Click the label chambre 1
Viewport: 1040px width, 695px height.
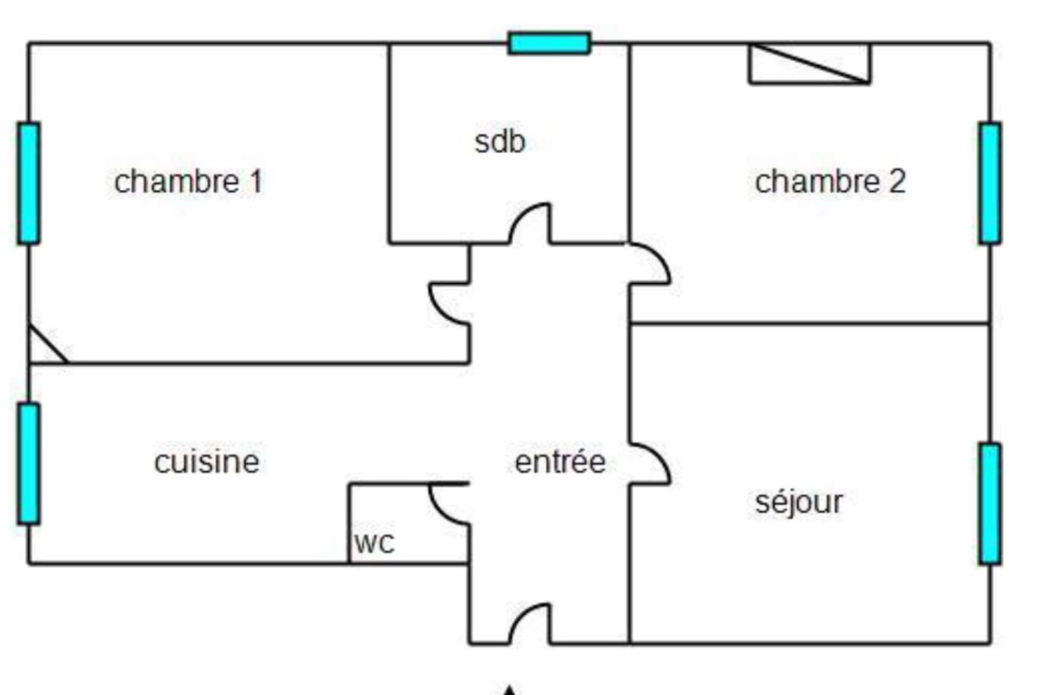point(188,182)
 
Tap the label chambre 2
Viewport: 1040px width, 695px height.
point(830,182)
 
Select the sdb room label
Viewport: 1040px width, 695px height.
point(500,142)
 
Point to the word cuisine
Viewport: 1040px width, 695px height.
point(207,462)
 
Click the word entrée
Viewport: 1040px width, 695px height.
point(560,462)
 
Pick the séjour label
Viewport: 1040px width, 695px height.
point(799,503)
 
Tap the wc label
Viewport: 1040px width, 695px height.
point(374,543)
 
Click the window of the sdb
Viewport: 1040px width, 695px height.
point(549,44)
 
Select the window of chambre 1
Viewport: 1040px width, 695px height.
point(29,183)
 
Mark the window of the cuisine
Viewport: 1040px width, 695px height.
point(29,464)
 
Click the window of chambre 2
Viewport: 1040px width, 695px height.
point(990,183)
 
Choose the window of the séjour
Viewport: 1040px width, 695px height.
point(990,503)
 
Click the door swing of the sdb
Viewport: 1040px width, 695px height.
point(530,224)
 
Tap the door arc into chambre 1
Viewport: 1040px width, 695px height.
point(448,303)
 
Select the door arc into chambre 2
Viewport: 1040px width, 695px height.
point(650,264)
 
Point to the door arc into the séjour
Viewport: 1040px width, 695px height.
point(650,464)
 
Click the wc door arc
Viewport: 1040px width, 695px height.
point(448,504)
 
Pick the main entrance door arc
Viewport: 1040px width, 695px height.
point(530,624)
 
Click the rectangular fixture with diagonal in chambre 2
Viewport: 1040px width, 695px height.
point(810,64)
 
